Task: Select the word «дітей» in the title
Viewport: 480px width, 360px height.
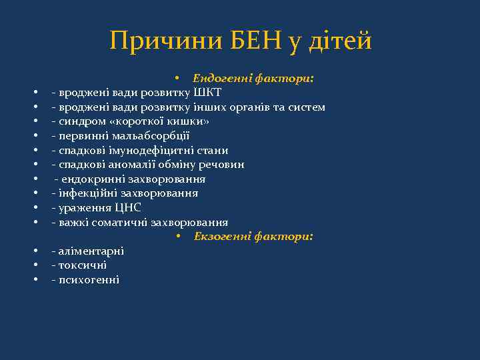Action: pos(339,41)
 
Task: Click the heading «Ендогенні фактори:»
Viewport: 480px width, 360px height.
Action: pos(254,78)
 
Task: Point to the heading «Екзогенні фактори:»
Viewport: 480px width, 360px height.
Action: pos(254,237)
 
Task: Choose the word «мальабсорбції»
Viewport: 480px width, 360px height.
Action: pos(147,136)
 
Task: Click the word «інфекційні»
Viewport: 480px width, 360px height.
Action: pos(86,193)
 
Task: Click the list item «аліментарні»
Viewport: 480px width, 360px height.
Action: pos(91,251)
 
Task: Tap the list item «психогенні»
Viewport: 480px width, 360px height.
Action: pos(89,280)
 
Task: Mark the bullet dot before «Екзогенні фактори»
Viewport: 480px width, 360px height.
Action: pos(179,237)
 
